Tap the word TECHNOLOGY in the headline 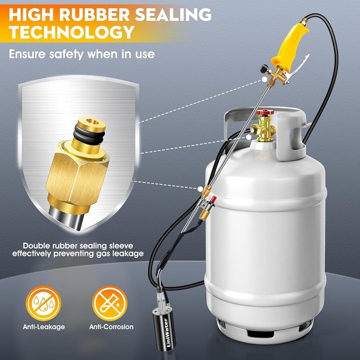pos(72,32)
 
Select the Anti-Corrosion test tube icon pos(107,303)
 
